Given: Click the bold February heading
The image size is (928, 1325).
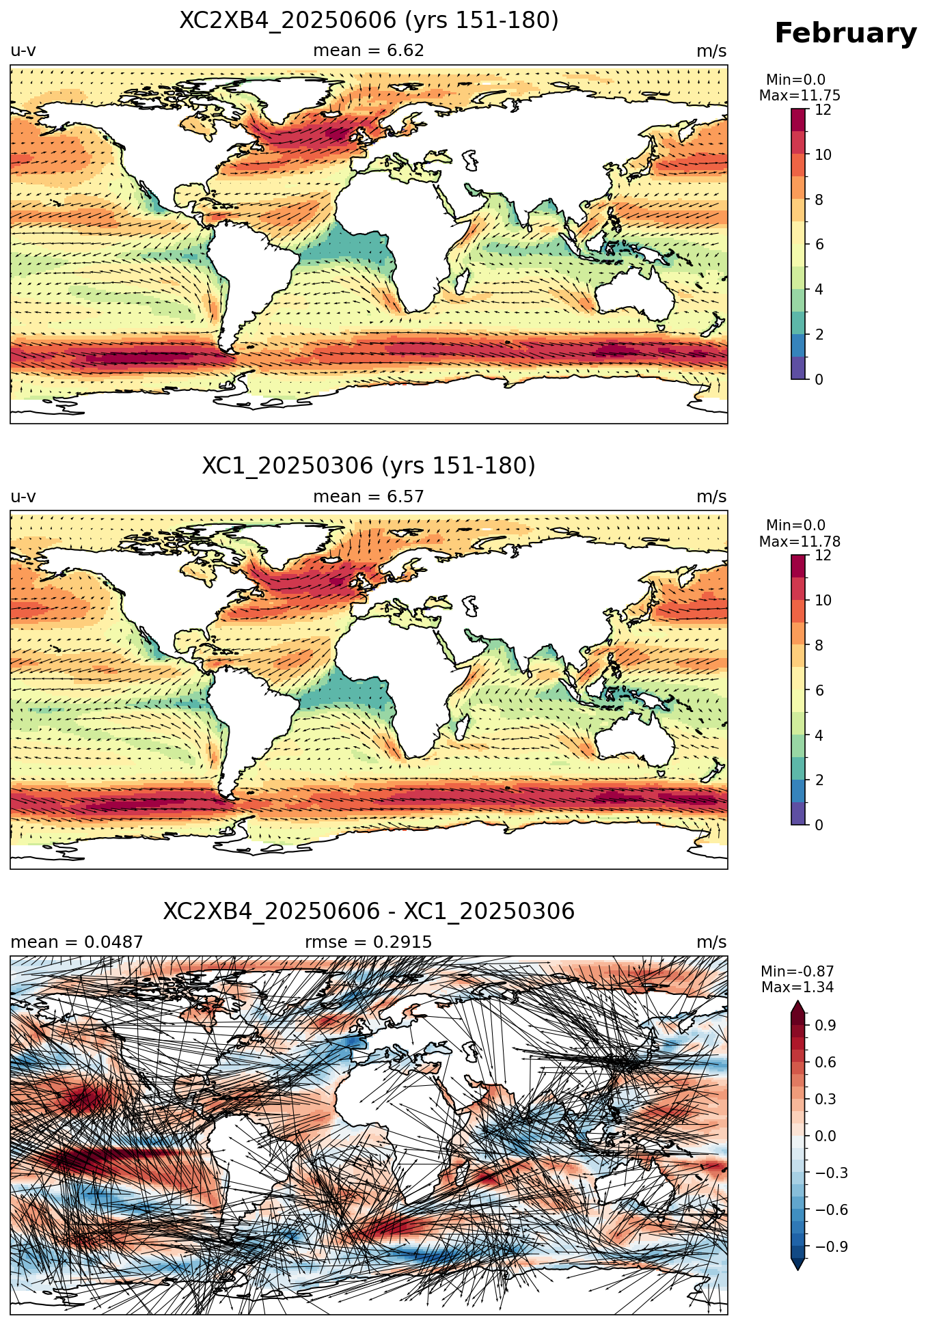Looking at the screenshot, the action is pos(845,33).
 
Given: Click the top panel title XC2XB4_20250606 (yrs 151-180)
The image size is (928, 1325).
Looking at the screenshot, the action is pos(369,21).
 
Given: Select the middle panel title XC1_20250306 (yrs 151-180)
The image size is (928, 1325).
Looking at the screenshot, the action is pos(369,466).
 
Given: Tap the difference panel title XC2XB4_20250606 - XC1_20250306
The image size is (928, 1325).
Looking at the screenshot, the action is pos(369,912).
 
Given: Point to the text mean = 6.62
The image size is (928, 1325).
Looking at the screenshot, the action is pos(369,51).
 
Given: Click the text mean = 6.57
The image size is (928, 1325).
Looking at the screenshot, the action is pos(369,497).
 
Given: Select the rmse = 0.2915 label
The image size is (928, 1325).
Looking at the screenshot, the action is pos(369,942).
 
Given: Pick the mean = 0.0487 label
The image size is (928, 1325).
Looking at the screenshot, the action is pos(77,942).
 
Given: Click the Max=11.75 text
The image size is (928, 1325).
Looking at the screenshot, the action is pos(800,96).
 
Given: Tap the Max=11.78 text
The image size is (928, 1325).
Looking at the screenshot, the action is pos(800,542).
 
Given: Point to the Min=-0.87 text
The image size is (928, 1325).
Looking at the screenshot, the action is pos(797,972).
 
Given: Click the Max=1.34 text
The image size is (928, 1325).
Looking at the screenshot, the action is pos(797,987).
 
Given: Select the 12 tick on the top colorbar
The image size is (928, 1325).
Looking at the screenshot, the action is pos(823,109).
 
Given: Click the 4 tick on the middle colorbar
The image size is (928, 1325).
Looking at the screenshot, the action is pos(819,735).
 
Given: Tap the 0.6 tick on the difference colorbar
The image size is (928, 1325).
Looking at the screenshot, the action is pos(826,1062).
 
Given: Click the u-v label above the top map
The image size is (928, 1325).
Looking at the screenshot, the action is pos(23,51).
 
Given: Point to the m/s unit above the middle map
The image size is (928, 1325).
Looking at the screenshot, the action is pos(711,497).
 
